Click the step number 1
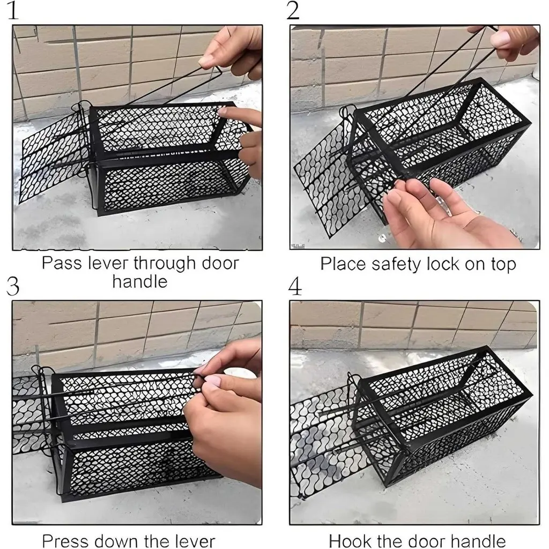(x=13, y=11)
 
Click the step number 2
(x=293, y=11)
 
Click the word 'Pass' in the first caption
(x=62, y=263)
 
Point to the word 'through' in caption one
(x=165, y=264)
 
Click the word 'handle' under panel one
(x=140, y=281)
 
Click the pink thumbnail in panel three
(x=212, y=382)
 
